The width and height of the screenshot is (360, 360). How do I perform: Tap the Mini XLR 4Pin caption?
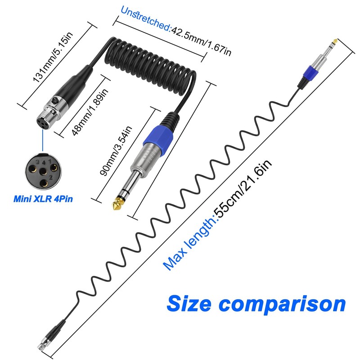click(x=44, y=196)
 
